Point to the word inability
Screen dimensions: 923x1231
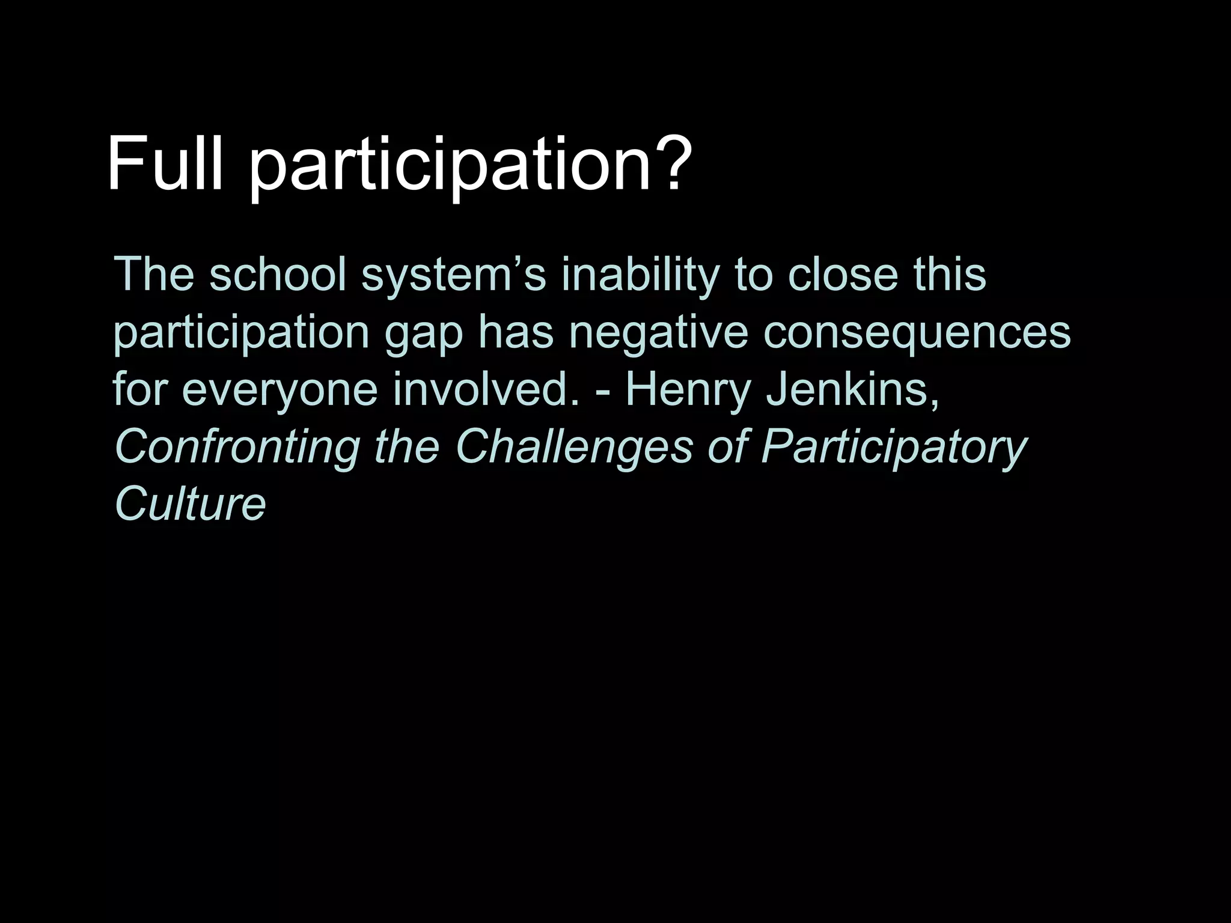[640, 275]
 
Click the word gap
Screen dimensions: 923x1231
[423, 332]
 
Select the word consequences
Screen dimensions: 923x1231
[917, 332]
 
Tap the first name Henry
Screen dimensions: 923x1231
[688, 389]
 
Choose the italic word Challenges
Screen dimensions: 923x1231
[573, 447]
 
